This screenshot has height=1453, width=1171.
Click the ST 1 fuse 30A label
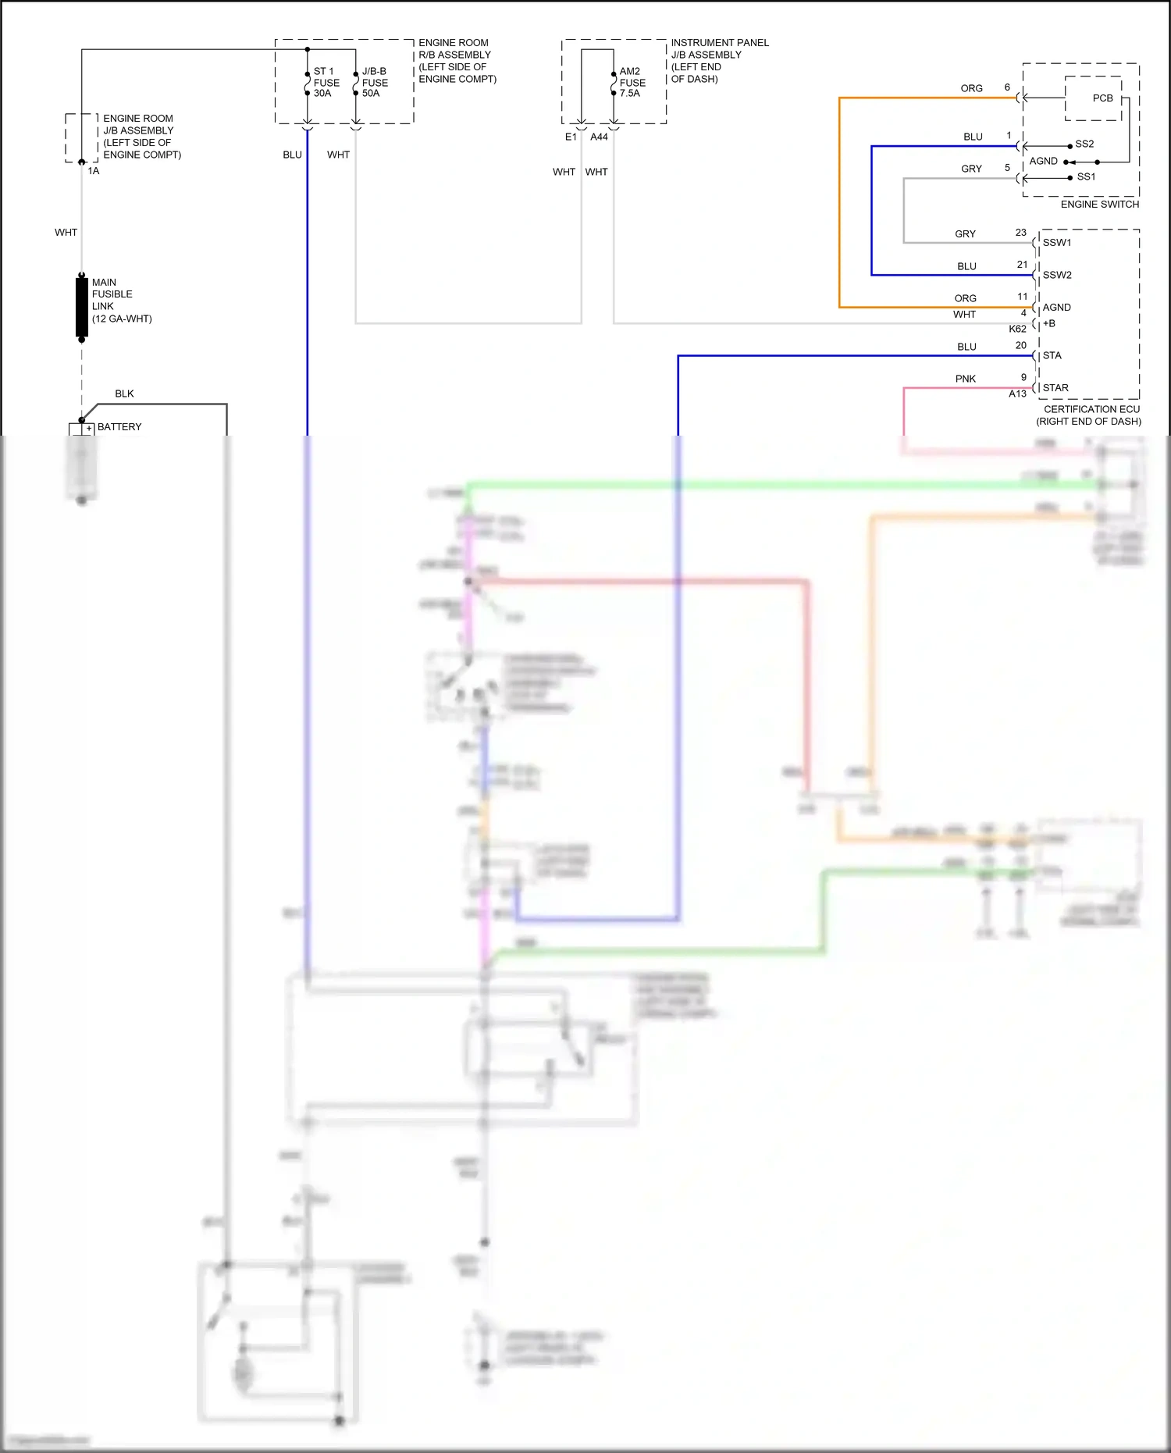(x=326, y=82)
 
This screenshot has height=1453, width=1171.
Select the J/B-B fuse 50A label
(x=375, y=82)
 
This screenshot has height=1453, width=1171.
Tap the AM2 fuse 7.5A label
(x=632, y=82)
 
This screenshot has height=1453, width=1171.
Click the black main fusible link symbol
(x=82, y=306)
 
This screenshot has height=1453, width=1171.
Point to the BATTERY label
(x=119, y=427)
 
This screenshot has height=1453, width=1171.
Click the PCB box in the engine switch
(x=1102, y=98)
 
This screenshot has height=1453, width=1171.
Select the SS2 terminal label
(x=1084, y=144)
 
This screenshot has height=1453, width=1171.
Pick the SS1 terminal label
(x=1086, y=177)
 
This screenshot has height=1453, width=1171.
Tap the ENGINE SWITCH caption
(x=1099, y=205)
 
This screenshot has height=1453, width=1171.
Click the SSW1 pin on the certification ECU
(x=1057, y=243)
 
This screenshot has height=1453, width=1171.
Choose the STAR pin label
(x=1055, y=388)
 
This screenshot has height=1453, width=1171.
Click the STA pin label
(x=1052, y=356)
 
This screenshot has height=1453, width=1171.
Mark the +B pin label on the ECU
(x=1048, y=323)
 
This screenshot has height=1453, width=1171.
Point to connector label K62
(x=1017, y=329)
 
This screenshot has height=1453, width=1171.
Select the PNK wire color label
(x=966, y=379)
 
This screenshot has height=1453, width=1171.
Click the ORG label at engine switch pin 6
(x=971, y=89)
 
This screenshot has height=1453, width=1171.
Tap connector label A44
(x=599, y=137)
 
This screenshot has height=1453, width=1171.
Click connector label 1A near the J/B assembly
(x=94, y=171)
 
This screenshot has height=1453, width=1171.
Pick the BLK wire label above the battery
(x=124, y=394)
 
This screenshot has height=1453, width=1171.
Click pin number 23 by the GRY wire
(x=1020, y=233)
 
